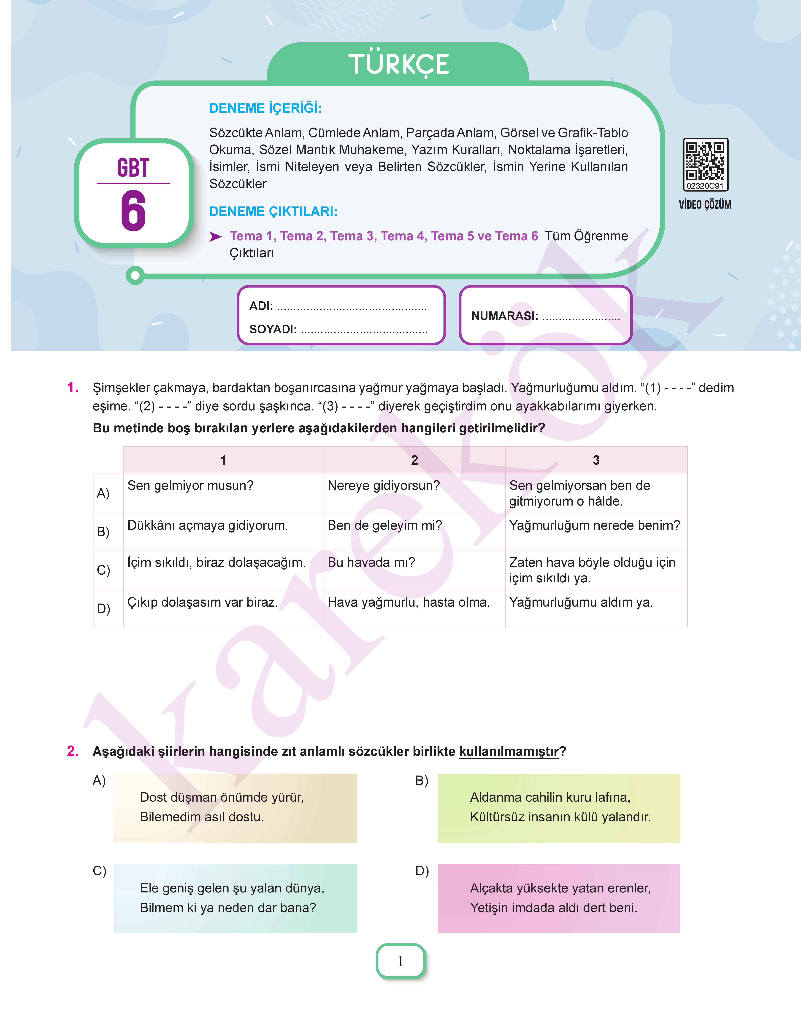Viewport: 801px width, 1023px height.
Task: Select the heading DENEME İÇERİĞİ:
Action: click(265, 108)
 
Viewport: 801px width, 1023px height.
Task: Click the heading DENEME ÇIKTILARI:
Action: click(273, 212)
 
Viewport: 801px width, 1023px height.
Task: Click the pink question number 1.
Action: click(73, 388)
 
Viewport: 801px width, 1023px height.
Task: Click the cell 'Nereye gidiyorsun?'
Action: click(384, 485)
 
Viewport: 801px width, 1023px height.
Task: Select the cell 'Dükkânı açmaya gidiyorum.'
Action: click(207, 525)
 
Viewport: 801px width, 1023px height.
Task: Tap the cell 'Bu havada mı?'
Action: click(371, 562)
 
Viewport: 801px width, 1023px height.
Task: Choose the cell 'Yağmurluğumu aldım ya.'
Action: click(581, 602)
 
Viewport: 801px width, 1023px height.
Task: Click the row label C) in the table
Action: click(103, 570)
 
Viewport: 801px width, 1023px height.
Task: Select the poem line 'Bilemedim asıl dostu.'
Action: click(202, 817)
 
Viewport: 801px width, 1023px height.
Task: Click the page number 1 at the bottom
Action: click(400, 961)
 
